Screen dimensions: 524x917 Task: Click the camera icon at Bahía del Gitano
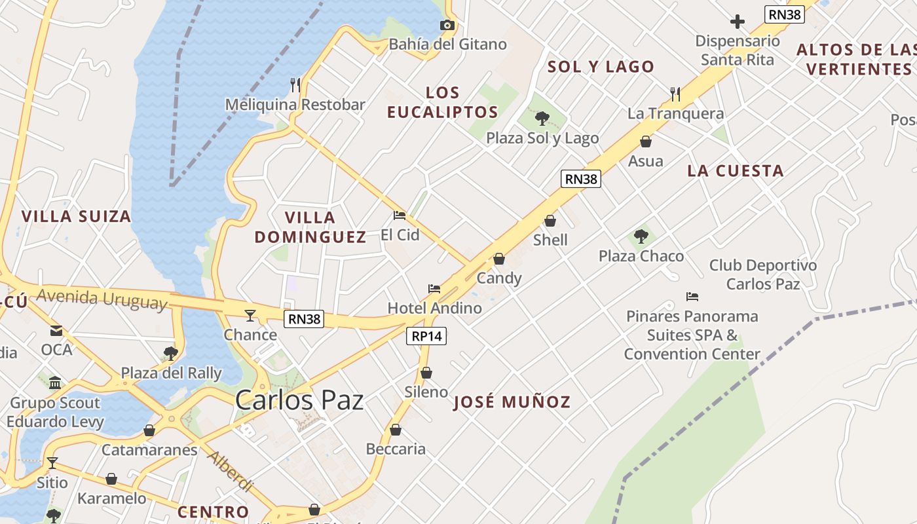pos(447,26)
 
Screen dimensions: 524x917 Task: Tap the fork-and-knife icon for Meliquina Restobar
pos(295,84)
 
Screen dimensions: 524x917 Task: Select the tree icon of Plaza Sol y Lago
pos(542,119)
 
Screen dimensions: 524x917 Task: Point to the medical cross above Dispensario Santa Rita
pos(738,22)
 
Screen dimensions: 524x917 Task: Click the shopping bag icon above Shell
pos(550,221)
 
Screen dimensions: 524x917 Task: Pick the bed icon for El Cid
pos(400,215)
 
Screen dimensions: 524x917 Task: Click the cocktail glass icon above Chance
pos(250,316)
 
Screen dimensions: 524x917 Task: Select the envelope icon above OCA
pos(56,331)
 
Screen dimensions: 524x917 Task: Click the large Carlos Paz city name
pos(299,400)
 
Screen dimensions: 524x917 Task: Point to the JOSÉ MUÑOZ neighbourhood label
pos(512,402)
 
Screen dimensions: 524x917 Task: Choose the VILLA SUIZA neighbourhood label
pos(76,216)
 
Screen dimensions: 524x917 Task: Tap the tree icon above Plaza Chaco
pos(641,236)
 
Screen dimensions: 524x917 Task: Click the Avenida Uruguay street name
pos(102,299)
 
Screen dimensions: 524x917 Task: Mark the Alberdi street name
pos(230,471)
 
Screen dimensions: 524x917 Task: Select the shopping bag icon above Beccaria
pos(396,430)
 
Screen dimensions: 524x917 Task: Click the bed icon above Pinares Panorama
pos(692,297)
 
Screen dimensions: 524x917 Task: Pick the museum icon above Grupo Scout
pos(55,383)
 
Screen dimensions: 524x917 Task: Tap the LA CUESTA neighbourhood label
pos(735,171)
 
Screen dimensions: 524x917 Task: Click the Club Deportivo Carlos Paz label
pos(763,274)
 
